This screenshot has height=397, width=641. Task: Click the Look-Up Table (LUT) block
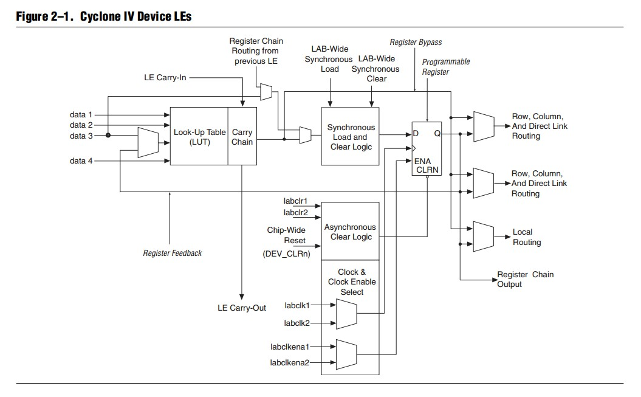pos(199,136)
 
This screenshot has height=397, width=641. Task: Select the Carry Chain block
pos(242,136)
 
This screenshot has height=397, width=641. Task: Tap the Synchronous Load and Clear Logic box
pos(351,137)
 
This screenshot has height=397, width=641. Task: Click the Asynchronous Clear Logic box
pos(350,232)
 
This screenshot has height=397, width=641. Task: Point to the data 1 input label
pos(81,114)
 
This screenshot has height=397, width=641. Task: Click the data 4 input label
pos(81,161)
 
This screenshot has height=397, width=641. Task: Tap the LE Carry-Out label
pos(242,308)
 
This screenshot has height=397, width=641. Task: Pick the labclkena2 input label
pos(290,362)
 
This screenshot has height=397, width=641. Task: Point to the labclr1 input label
pos(295,201)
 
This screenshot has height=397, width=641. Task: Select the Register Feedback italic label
pos(172,253)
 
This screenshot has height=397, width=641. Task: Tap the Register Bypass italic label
pos(416,42)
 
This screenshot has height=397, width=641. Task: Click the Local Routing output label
pos(526,237)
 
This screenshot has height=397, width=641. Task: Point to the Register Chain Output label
pos(525,279)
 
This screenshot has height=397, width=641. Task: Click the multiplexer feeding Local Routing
pos(484,235)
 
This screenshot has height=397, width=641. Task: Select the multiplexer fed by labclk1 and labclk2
pos(346,312)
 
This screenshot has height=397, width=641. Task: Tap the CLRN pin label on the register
pos(427,170)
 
